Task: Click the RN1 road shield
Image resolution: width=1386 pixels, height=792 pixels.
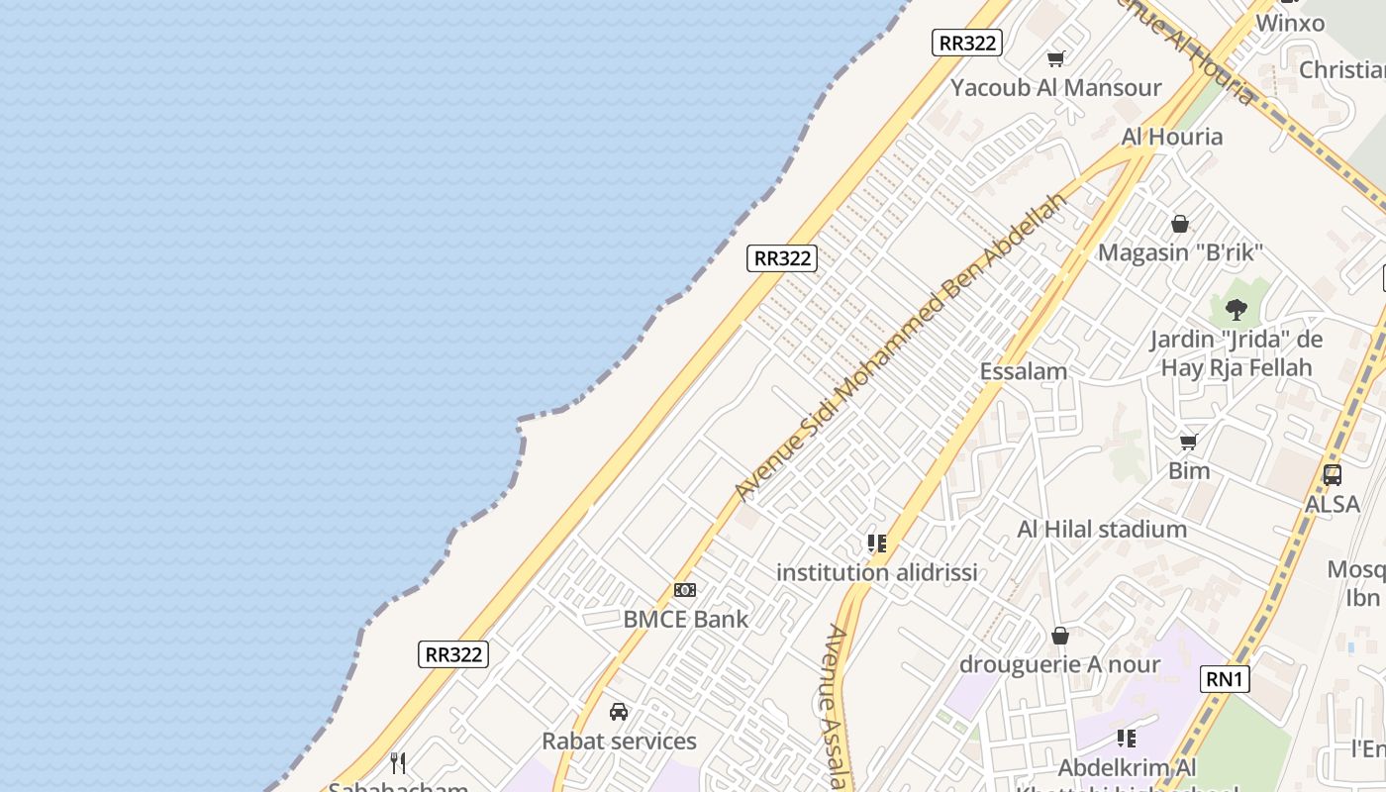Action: point(1225,679)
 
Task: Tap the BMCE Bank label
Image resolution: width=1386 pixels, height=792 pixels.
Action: point(685,620)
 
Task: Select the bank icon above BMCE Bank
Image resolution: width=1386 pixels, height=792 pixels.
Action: point(685,590)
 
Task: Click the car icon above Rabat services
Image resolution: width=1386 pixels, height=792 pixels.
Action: point(619,712)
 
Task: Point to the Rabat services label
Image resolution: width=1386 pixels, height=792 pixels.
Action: point(619,742)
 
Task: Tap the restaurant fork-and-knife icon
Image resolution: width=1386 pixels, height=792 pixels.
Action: point(398,762)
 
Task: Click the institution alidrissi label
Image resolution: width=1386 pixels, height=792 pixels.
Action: point(876,572)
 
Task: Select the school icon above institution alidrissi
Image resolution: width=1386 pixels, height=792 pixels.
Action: point(876,543)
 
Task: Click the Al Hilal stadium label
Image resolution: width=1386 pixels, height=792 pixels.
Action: point(1102,530)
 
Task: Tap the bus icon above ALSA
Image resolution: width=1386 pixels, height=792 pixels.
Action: point(1333,475)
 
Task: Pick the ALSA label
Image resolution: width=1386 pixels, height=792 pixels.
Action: point(1333,504)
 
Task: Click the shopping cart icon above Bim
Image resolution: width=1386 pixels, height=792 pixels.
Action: point(1189,442)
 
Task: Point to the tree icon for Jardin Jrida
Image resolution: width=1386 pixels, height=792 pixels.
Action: point(1236,309)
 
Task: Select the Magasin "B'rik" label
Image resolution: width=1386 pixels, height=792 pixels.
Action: point(1180,252)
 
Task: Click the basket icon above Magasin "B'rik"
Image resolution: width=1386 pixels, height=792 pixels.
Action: point(1180,224)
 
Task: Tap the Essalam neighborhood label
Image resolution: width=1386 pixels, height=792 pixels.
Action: point(1024,372)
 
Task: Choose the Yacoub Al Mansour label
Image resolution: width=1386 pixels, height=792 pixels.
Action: point(1055,88)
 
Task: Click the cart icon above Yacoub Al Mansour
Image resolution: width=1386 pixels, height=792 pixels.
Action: point(1056,58)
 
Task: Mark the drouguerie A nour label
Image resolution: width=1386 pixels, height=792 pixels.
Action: point(1059,664)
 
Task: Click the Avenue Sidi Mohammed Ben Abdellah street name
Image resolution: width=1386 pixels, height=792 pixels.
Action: point(901,346)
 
